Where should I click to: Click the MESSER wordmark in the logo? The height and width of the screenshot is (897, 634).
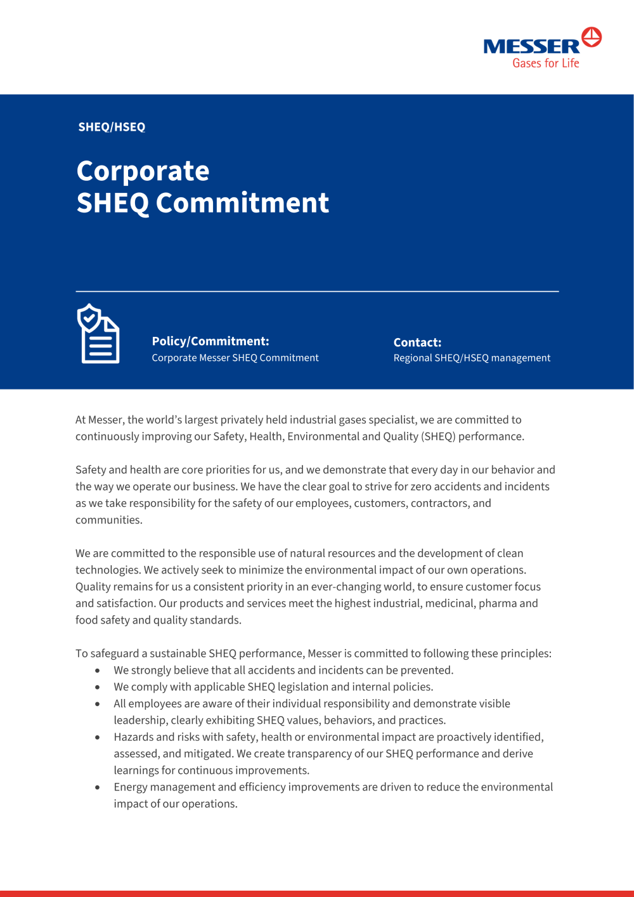[x=531, y=46]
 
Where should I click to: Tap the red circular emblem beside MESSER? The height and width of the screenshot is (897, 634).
[x=592, y=37]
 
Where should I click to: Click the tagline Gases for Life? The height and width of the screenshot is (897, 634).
[x=546, y=63]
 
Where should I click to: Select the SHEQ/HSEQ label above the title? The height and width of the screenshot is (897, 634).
[x=112, y=127]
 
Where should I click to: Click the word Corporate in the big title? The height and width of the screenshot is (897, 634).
[x=143, y=171]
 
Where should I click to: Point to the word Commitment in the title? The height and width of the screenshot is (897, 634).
[x=242, y=203]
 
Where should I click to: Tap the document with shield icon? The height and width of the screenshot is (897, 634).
[x=98, y=334]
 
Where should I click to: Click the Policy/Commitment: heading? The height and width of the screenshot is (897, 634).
[x=210, y=341]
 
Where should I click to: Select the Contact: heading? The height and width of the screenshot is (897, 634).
[x=417, y=343]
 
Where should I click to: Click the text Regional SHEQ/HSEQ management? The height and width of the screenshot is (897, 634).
[x=472, y=358]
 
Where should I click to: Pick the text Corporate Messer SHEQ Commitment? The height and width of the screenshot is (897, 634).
[x=235, y=358]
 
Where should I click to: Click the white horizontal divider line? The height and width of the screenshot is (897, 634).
[x=317, y=291]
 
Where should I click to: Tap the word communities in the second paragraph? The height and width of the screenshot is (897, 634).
[x=108, y=520]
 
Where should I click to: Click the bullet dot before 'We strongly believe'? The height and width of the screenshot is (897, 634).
[x=97, y=671]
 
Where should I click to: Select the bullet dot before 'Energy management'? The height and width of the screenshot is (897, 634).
[x=97, y=787]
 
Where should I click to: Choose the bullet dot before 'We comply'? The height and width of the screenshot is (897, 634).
[x=97, y=687]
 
